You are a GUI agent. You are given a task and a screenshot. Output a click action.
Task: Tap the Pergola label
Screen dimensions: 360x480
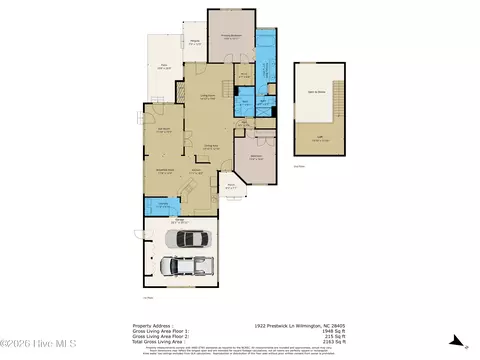(196, 43)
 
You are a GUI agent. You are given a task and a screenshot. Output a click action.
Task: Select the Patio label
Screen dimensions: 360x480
(163, 69)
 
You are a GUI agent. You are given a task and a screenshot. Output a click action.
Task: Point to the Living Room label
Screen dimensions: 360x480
(208, 97)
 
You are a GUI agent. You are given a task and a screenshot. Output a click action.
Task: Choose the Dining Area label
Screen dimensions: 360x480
(212, 148)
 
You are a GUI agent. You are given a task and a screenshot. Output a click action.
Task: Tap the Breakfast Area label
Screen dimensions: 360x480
(164, 172)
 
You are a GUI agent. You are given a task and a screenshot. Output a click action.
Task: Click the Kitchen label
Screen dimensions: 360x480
(198, 172)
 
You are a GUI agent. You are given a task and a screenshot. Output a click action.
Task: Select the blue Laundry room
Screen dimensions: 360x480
(156, 206)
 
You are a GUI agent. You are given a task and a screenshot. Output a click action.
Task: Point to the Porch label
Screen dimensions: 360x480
(231, 186)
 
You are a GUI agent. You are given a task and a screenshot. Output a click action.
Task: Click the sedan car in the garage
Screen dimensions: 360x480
(189, 239)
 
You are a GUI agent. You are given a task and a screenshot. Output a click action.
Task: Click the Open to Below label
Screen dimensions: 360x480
(320, 91)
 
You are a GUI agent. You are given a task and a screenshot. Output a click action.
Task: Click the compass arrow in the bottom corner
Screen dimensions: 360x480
(452, 341)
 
